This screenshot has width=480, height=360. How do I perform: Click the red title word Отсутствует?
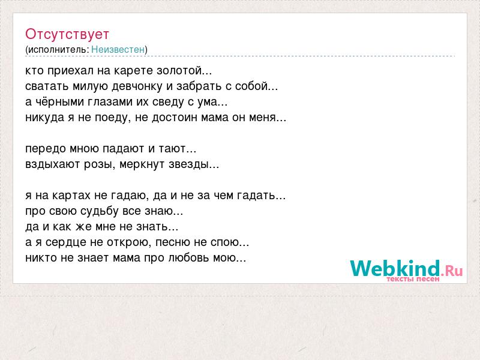[67, 34]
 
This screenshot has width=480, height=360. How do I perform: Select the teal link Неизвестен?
[118, 49]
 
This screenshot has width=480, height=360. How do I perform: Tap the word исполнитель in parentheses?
[58, 50]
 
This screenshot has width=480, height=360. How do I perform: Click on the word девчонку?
[137, 86]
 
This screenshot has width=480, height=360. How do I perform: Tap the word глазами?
[110, 102]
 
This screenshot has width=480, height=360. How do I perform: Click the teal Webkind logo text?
[395, 268]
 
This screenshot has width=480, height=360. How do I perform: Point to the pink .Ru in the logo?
[452, 271]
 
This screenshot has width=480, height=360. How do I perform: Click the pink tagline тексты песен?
[413, 279]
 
